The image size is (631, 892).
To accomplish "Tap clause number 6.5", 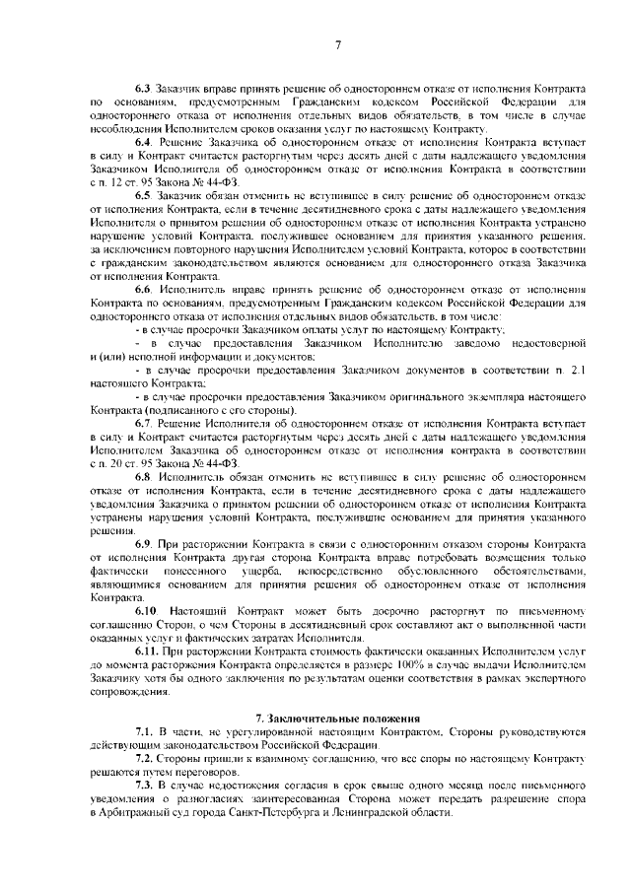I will [x=145, y=196].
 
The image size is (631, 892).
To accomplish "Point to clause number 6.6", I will [x=145, y=288].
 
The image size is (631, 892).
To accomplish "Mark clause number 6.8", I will [x=145, y=475].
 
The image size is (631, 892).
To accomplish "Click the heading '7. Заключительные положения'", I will [x=338, y=719].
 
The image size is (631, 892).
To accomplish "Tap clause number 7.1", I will [x=145, y=732].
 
